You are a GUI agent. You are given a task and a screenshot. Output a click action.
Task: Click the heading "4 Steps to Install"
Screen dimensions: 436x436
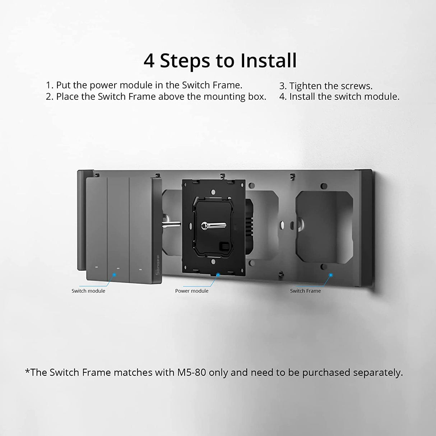pos(220,61)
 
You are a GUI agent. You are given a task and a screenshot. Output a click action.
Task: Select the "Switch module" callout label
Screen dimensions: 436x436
pos(88,291)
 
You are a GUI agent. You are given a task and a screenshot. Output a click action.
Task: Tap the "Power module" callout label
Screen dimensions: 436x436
pos(192,291)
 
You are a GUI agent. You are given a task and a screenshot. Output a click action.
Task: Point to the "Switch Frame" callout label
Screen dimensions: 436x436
pos(305,291)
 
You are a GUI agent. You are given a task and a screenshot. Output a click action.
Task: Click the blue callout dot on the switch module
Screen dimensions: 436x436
pos(115,275)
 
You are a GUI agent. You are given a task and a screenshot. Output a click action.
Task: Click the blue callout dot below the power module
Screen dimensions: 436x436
pos(218,275)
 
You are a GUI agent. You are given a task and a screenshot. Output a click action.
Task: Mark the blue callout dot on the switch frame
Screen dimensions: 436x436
pos(331,275)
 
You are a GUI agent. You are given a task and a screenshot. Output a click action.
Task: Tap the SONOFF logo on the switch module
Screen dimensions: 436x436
pos(158,265)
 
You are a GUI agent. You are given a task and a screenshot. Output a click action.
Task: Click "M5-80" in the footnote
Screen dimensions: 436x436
pos(192,372)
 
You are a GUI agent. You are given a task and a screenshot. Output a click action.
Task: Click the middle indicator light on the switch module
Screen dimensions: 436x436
pos(118,269)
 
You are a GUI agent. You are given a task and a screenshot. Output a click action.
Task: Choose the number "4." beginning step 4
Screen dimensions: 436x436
pos(283,97)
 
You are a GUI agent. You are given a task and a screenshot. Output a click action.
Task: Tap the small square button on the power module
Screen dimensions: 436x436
pos(224,245)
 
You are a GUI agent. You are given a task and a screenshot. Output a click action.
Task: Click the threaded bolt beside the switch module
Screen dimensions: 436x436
pos(171,224)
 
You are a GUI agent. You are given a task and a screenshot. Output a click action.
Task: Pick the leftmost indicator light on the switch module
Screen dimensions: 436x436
pos(97,268)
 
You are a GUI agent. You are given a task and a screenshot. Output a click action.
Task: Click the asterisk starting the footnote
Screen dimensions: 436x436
pos(27,371)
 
